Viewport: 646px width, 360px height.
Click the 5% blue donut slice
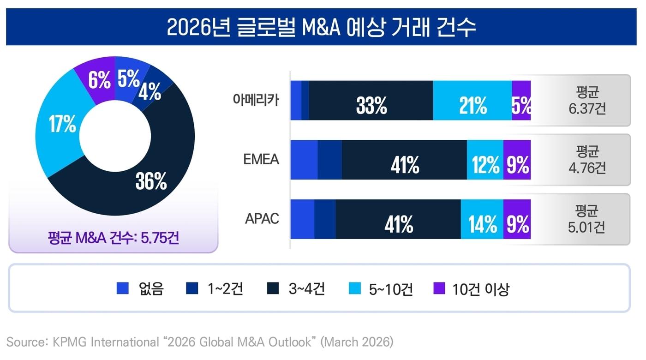(129, 78)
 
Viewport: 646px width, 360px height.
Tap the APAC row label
(262, 218)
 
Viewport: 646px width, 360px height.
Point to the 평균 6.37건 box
(587, 101)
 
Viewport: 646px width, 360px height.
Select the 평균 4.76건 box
(587, 160)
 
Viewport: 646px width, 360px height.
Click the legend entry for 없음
(141, 289)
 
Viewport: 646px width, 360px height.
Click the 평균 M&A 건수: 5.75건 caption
(113, 239)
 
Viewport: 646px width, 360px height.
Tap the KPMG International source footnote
(199, 342)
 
